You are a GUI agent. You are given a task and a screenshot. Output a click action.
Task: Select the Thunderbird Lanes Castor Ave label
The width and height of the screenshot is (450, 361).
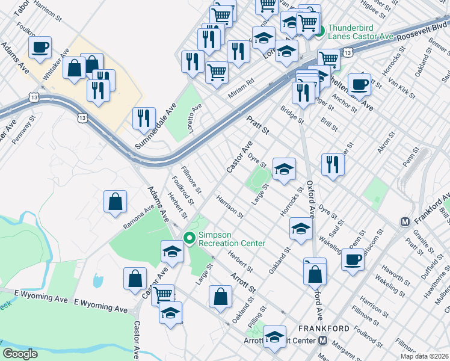(360, 32)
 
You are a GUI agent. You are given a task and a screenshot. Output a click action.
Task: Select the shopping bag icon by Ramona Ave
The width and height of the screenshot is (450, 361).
(115, 202)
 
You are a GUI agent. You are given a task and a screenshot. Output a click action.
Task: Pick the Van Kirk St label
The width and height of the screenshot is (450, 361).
(401, 86)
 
